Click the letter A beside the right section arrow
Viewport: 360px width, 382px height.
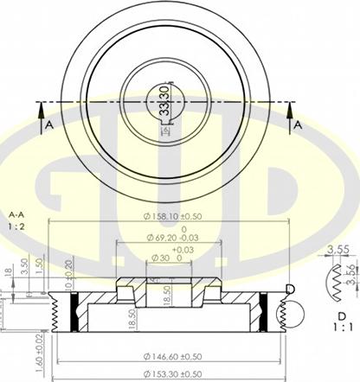pos(297,124)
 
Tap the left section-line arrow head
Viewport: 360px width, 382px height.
pos(39,108)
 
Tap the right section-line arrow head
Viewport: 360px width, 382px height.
pos(291,108)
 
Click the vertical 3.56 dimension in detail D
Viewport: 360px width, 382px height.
pos(351,274)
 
